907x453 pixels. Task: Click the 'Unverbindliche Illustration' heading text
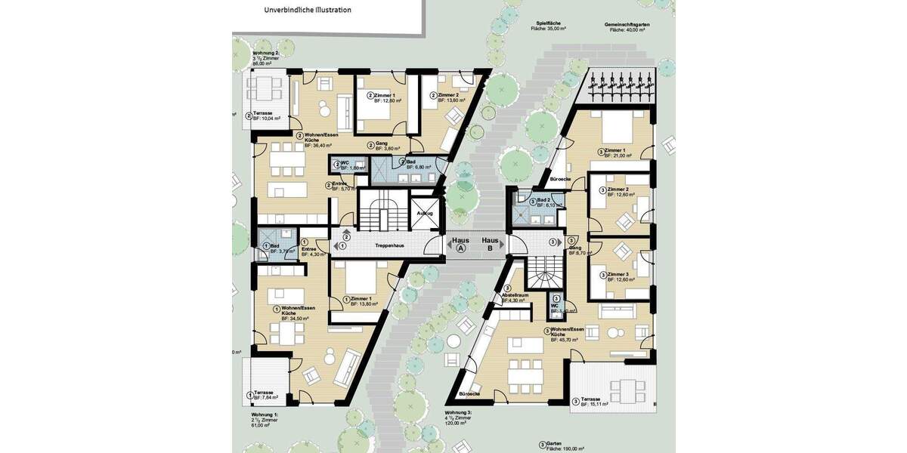(307, 10)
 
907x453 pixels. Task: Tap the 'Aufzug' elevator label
(425, 213)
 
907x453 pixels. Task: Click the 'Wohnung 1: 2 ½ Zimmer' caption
(265, 418)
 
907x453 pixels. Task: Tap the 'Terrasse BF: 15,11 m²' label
(596, 402)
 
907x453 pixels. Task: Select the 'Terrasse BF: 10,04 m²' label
(266, 116)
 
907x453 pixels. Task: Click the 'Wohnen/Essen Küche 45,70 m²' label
(566, 334)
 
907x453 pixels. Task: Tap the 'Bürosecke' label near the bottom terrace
(470, 394)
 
